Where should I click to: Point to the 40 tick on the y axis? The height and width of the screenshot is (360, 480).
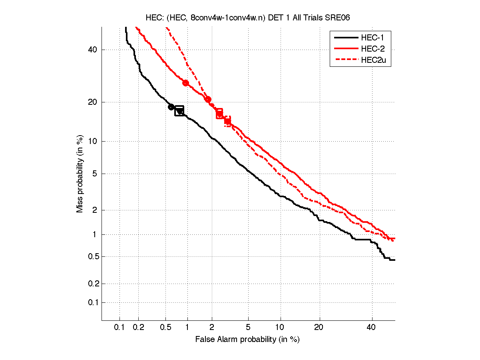pos(93,50)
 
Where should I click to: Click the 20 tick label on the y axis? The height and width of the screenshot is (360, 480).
pos(93,102)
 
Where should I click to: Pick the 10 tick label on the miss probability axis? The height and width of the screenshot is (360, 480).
pos(93,141)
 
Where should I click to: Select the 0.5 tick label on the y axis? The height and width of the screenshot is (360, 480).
pos(92,256)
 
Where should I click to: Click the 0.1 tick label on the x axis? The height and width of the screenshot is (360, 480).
pos(120,328)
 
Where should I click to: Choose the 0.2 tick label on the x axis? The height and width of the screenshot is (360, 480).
pos(138,328)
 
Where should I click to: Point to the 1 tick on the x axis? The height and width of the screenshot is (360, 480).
pos(187,328)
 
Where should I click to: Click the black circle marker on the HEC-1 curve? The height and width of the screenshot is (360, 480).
pos(171,107)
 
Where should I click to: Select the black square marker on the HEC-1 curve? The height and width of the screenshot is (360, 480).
pos(179,111)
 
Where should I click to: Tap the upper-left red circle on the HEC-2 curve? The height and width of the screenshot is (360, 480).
pos(185,83)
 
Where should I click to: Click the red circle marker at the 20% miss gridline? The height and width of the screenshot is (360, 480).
pos(208,100)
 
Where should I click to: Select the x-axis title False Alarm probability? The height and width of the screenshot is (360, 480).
pos(247,340)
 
